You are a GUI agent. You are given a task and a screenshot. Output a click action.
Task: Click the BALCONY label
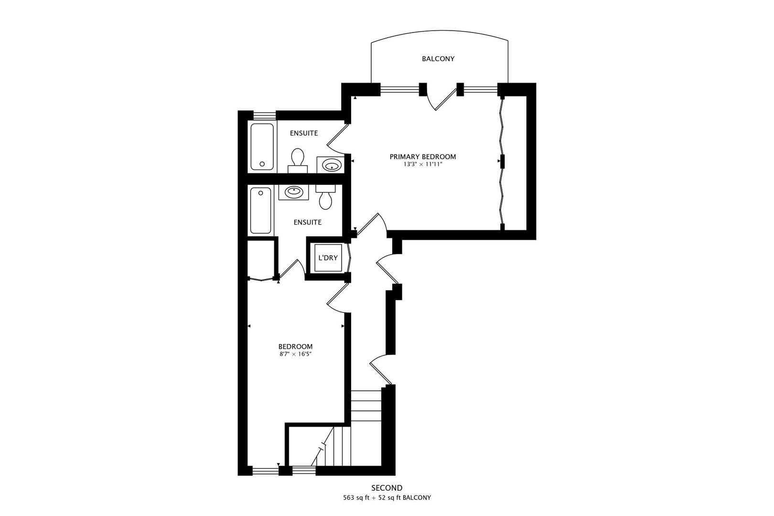(438, 59)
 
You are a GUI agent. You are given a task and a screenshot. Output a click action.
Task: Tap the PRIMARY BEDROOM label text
(422, 157)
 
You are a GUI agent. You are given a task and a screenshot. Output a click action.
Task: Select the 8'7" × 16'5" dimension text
(295, 355)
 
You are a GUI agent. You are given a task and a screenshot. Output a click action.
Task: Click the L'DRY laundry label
(328, 258)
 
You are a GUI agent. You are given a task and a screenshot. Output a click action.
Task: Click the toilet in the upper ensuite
(298, 160)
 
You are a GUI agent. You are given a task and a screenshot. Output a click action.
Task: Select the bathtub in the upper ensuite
(262, 147)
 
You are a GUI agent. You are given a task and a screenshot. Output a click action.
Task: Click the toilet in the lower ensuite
(325, 197)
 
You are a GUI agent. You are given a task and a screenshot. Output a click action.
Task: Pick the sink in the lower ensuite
(293, 192)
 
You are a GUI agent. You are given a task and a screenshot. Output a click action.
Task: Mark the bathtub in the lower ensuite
(260, 210)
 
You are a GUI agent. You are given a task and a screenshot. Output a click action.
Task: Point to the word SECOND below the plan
(387, 488)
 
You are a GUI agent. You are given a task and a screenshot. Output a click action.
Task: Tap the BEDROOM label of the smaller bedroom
(295, 346)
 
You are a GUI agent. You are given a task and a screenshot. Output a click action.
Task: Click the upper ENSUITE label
(303, 133)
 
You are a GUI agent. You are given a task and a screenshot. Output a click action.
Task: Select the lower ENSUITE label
(307, 222)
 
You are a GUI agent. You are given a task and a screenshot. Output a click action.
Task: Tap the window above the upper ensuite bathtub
(264, 115)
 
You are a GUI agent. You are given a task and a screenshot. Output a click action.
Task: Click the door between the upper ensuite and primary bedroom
(338, 134)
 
